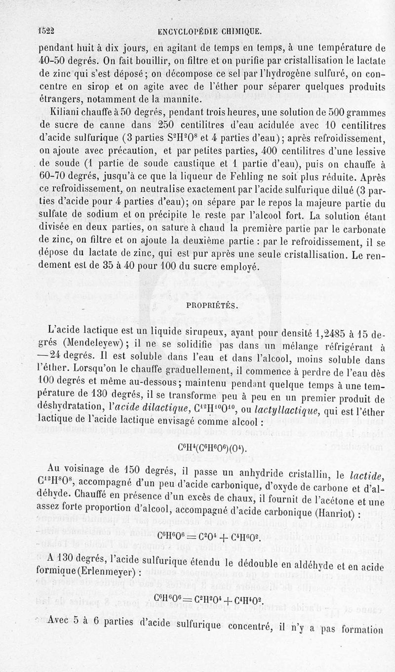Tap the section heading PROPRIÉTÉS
[211, 305]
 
